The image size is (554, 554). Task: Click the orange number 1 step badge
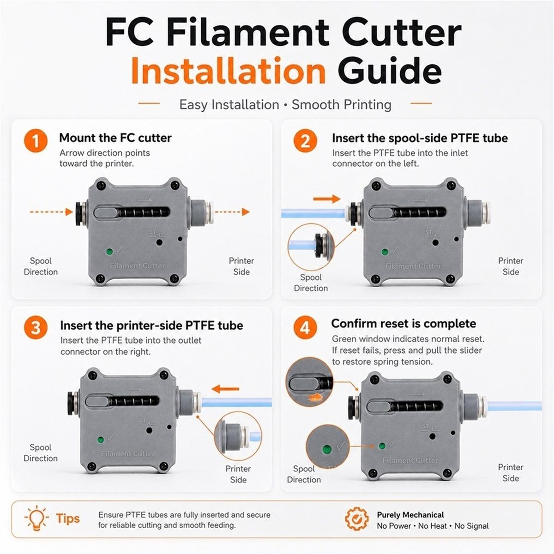(36, 141)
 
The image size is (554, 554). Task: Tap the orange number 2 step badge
(305, 141)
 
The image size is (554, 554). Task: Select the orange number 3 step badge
(36, 328)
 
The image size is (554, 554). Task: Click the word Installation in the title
(229, 71)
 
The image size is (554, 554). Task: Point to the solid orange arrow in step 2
(326, 199)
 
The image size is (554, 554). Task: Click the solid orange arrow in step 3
(225, 389)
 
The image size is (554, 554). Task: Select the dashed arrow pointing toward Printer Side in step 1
(232, 212)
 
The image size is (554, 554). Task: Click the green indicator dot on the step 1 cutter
(109, 252)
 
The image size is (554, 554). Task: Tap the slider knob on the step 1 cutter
(106, 213)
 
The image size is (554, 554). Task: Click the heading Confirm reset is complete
(403, 324)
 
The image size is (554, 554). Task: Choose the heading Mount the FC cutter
(115, 138)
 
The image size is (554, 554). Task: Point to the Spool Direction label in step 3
(41, 452)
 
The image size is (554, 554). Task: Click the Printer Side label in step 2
(511, 266)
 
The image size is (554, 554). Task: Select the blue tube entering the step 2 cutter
(313, 213)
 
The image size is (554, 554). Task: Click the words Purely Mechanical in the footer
(410, 515)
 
